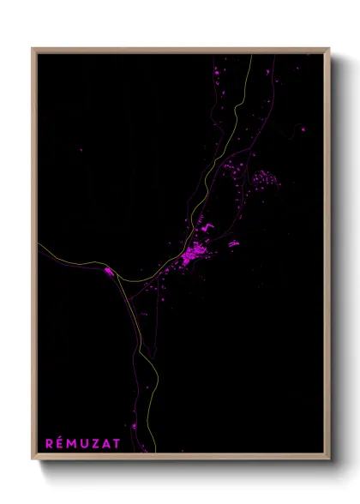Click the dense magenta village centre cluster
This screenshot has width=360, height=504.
coord(192,254)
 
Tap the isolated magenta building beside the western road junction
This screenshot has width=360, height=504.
coord(109,272)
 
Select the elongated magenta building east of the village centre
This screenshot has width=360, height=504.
coord(232,244)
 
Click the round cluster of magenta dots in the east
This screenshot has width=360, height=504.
coord(262,180)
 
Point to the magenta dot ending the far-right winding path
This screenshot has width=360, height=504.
coord(304,129)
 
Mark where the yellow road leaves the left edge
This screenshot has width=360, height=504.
coord(39,244)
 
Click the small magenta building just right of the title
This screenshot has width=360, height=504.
coord(135,427)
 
